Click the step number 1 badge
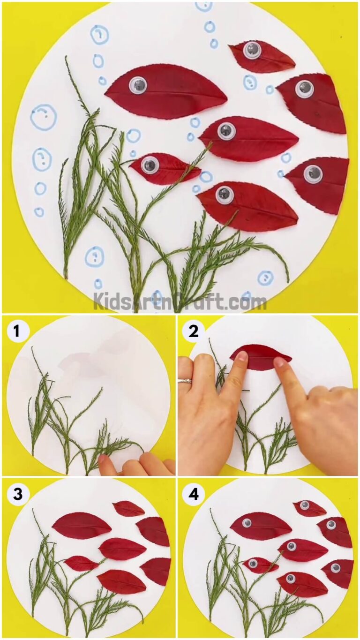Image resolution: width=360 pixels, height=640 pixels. pyautogui.click(x=17, y=331)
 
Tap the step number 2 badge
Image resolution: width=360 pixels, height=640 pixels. pyautogui.click(x=193, y=331)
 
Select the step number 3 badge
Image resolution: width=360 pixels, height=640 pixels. pyautogui.click(x=17, y=494)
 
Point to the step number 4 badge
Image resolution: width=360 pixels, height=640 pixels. pyautogui.click(x=193, y=494)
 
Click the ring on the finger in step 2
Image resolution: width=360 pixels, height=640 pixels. pyautogui.click(x=185, y=381)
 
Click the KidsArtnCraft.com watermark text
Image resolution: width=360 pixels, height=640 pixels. pyautogui.click(x=180, y=301)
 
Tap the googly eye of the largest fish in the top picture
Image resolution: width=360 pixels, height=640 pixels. pyautogui.click(x=138, y=85)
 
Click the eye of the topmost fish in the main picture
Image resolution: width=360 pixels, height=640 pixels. pyautogui.click(x=252, y=50)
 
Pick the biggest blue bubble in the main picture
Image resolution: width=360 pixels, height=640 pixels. pyautogui.click(x=43, y=117)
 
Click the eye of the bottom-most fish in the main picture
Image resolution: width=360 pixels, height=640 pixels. pyautogui.click(x=225, y=195)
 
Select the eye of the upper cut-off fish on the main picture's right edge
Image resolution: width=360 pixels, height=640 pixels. pyautogui.click(x=305, y=89)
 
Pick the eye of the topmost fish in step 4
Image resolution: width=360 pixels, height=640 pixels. pyautogui.click(x=305, y=505)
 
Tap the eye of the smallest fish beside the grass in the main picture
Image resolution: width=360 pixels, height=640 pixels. pyautogui.click(x=150, y=165)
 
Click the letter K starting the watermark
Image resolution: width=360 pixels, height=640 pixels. pyautogui.click(x=99, y=301)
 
